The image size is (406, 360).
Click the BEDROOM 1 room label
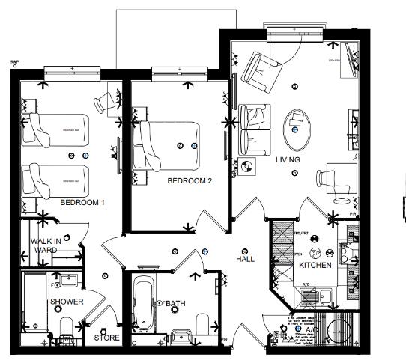coord(82,203)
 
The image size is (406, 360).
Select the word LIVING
coord(288,160)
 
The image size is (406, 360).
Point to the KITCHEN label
coord(315,266)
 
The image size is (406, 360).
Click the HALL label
coord(244,259)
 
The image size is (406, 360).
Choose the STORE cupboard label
coord(107,338)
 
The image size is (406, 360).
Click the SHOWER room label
coord(67,302)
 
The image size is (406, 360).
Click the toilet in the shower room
coord(65,327)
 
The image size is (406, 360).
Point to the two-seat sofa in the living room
coord(252,126)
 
